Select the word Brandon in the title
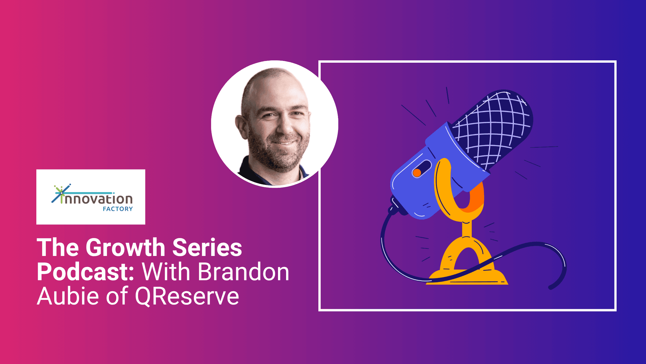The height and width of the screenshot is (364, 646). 243,272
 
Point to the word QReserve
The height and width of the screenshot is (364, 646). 187,296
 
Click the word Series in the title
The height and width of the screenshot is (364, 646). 207,248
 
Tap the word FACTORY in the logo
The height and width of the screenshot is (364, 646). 118,209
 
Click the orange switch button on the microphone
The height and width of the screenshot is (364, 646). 417,173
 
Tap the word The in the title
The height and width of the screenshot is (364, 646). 58,248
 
